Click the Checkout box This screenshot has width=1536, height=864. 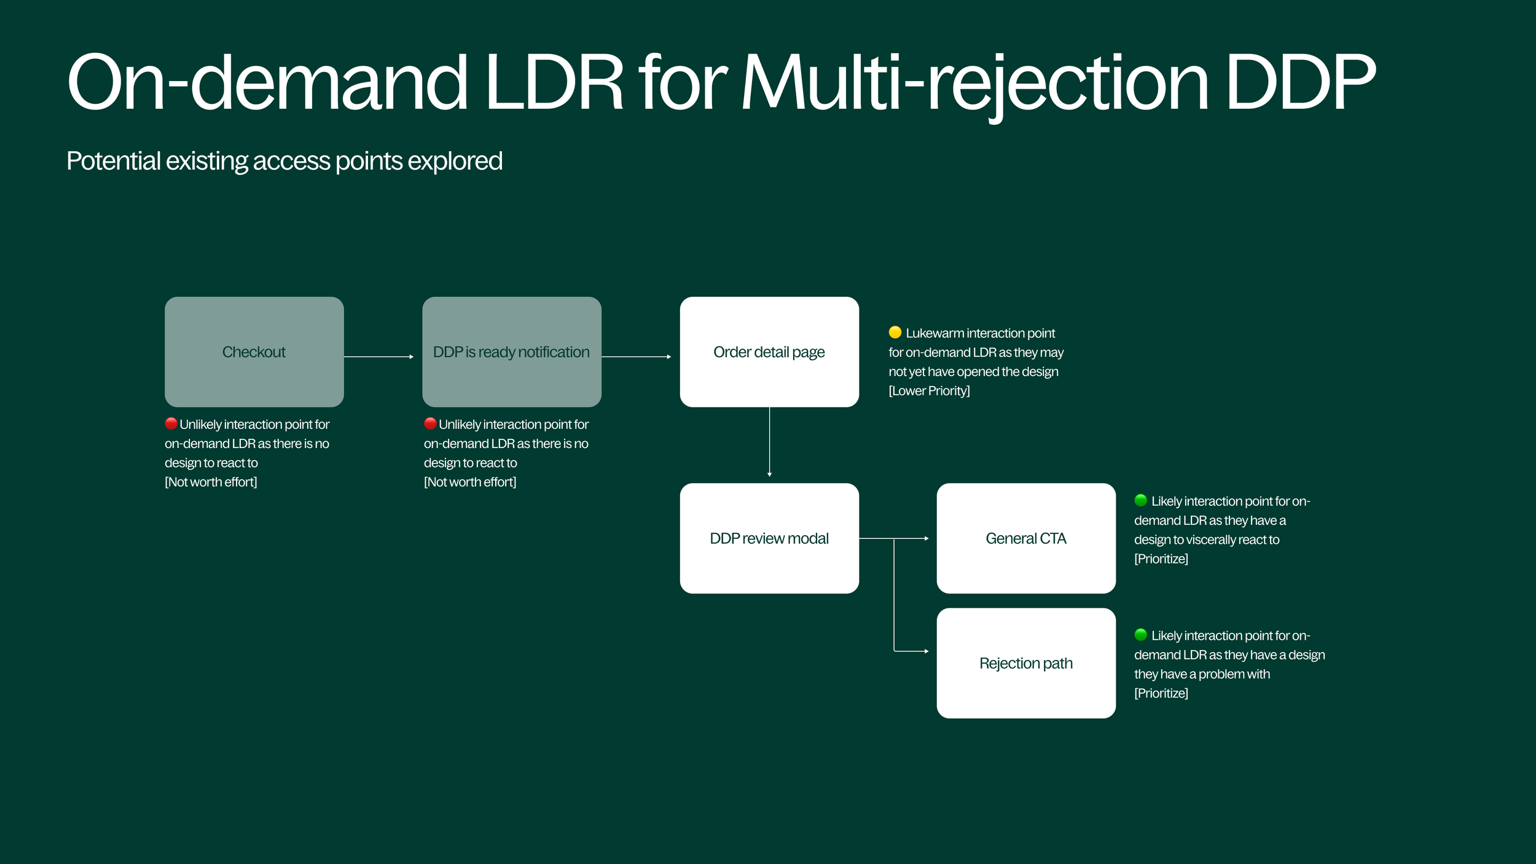254,351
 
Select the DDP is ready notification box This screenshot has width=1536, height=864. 512,351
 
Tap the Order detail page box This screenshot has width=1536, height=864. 769,351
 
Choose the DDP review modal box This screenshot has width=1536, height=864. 769,538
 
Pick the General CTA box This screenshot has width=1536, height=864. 1026,538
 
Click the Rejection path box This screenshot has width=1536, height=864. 1026,663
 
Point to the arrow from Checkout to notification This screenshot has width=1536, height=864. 379,356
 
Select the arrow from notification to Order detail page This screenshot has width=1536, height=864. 637,356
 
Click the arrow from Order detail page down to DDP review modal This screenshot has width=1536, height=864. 769,442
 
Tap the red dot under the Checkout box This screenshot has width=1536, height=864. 171,423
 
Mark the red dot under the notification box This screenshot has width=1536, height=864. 430,423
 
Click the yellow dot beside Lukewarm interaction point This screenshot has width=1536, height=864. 895,332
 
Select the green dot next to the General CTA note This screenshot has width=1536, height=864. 1141,500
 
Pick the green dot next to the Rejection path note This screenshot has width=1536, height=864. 1141,634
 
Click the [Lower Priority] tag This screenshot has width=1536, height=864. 929,391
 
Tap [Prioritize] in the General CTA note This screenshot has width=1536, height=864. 1161,559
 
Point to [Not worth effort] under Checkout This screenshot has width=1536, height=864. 211,482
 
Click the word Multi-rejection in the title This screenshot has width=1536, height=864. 974,83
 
